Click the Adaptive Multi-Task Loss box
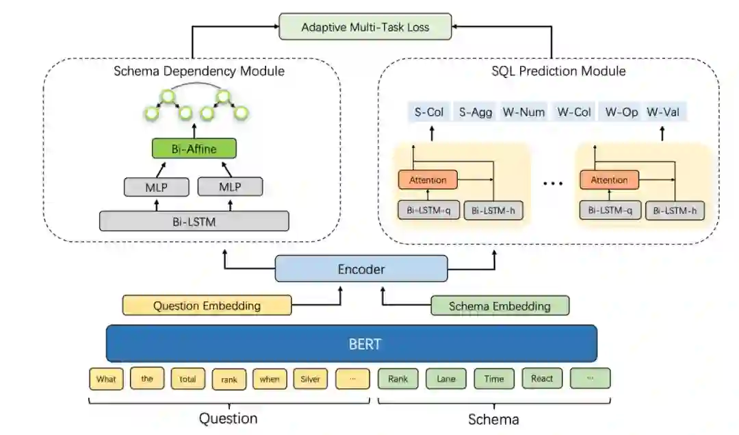(365, 28)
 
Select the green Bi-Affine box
(194, 148)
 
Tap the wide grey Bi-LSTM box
(194, 221)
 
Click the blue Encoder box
(361, 269)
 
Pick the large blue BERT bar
(351, 343)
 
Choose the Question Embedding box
(207, 306)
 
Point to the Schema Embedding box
(500, 306)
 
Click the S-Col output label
(429, 112)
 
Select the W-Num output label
(523, 112)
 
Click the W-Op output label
(621, 112)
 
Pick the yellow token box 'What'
(106, 379)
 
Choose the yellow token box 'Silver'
(310, 379)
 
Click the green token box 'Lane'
(446, 378)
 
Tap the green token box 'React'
(542, 378)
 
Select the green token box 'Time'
(494, 378)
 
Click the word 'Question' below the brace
(228, 418)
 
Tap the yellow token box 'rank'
(229, 379)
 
